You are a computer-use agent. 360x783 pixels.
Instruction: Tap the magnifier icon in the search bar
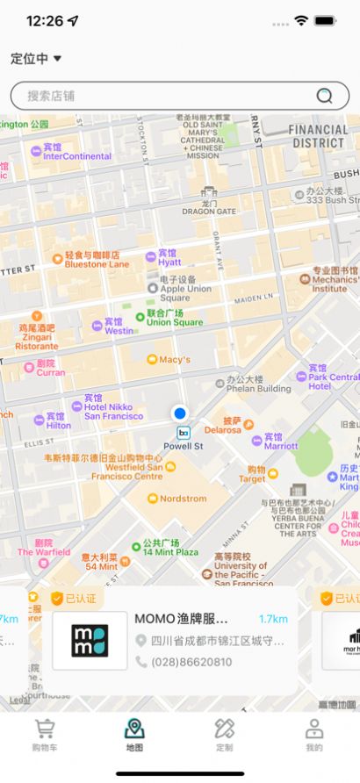(x=325, y=96)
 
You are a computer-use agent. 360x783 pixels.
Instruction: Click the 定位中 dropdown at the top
(x=36, y=59)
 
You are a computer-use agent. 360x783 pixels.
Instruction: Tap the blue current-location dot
(x=180, y=413)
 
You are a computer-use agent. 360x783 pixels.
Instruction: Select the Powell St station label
(x=184, y=445)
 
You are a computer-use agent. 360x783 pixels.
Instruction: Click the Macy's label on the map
(x=174, y=359)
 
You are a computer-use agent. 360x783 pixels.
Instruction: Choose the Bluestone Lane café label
(x=97, y=263)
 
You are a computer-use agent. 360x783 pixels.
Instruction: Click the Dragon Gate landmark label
(x=209, y=211)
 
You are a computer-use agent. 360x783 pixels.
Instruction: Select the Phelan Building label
(x=257, y=387)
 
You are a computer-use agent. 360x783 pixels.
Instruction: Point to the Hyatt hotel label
(x=169, y=262)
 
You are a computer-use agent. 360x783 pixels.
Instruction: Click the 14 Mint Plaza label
(x=169, y=552)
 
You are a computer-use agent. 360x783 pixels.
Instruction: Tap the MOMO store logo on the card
(x=90, y=641)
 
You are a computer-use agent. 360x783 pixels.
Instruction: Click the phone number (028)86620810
(x=191, y=662)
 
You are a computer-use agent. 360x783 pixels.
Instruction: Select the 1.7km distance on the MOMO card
(x=273, y=619)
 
